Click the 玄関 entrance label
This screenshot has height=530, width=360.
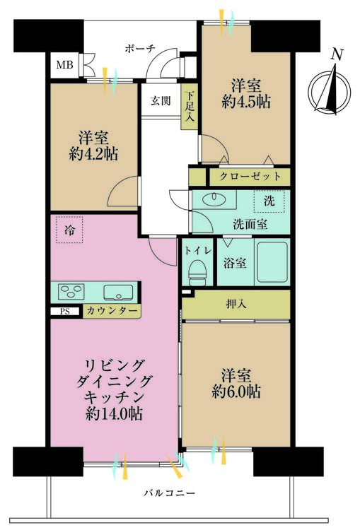(x=160, y=101)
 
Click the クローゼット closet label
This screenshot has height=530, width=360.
(x=250, y=176)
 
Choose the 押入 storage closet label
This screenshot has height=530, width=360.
(x=236, y=305)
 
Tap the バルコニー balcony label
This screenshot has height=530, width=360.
(x=169, y=493)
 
